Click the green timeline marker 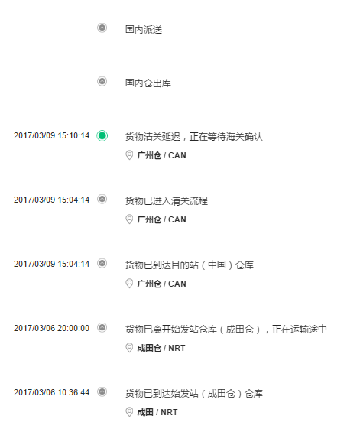(x=102, y=135)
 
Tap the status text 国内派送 (x=144, y=30)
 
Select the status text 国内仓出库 (x=148, y=83)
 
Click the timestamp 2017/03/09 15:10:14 (x=51, y=135)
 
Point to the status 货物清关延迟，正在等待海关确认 (x=194, y=136)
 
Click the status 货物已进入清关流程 (x=167, y=200)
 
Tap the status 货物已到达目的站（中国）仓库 (x=190, y=265)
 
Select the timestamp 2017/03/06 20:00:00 (x=51, y=328)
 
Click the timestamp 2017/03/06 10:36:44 (x=51, y=392)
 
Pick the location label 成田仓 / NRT (x=161, y=348)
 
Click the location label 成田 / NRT (x=157, y=412)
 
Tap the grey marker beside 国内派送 (x=102, y=28)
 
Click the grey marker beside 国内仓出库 (x=102, y=81)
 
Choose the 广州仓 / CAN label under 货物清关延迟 (x=162, y=155)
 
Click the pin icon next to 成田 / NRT (x=129, y=412)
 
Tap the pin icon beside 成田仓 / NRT (x=129, y=348)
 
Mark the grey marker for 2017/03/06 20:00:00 (x=102, y=327)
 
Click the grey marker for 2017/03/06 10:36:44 (x=102, y=391)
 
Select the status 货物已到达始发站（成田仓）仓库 (x=194, y=393)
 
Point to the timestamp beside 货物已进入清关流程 (x=51, y=200)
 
